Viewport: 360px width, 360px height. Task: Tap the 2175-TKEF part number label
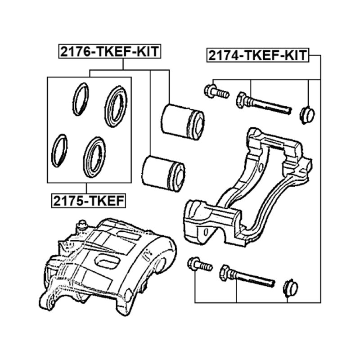pyautogui.click(x=87, y=199)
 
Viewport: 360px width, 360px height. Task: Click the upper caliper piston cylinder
pyautogui.click(x=183, y=120)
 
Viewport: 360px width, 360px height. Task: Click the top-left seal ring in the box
pyautogui.click(x=81, y=99)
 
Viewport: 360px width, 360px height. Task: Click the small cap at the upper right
pyautogui.click(x=308, y=114)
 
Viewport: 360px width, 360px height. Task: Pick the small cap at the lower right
pyautogui.click(x=290, y=288)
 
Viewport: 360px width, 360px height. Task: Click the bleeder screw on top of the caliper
pyautogui.click(x=82, y=225)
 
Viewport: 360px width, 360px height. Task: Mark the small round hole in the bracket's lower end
pyautogui.click(x=205, y=232)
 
